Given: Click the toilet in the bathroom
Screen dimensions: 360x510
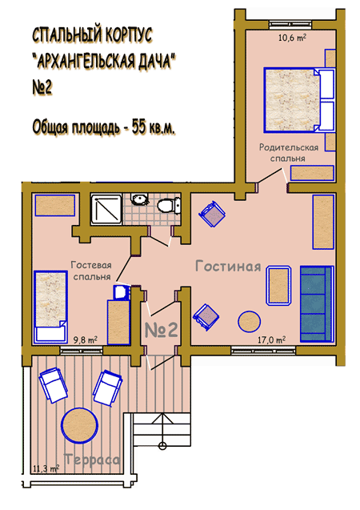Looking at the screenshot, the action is [169, 205].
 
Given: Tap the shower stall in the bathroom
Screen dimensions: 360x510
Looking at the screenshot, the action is [106, 209].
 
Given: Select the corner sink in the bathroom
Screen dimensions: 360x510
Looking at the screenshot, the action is [139, 199].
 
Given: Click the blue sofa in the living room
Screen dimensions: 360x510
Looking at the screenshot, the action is [317, 303].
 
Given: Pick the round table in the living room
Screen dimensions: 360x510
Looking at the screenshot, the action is [250, 322].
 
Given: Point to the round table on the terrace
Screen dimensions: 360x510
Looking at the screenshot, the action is [80, 425].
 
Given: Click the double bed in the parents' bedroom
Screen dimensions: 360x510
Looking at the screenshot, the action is [299, 100].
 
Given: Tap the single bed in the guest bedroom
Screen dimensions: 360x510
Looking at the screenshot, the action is [50, 307].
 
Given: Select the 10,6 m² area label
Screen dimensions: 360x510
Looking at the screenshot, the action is [292, 38].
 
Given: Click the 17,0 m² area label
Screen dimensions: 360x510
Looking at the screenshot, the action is [272, 340].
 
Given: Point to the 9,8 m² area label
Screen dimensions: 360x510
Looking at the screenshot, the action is [85, 340].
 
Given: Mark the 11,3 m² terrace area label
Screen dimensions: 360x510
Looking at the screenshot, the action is [46, 468].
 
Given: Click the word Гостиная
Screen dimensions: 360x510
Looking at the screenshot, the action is [228, 266].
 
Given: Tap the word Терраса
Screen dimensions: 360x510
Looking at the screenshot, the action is [92, 460].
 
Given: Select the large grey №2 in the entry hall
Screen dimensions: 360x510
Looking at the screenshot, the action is [161, 330].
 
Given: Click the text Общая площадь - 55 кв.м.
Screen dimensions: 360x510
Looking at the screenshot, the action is [104, 126].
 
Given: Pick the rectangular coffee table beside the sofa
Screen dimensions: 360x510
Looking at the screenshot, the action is [278, 286].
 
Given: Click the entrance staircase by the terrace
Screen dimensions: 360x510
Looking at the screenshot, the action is [162, 430].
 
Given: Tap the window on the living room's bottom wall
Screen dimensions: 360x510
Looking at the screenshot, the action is [263, 351].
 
